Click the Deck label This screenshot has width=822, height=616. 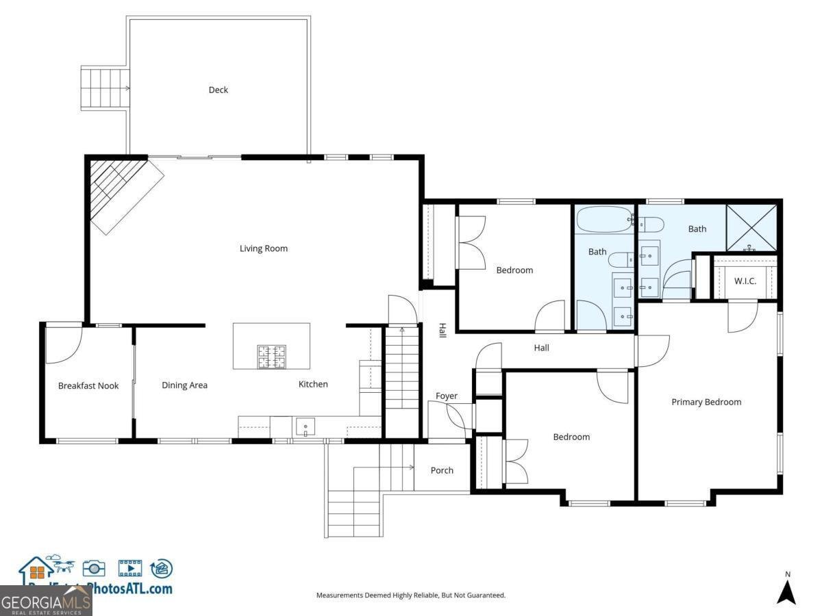click(x=218, y=90)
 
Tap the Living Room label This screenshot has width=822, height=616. click(x=263, y=248)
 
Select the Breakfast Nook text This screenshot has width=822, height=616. click(x=88, y=385)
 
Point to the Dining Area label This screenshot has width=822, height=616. click(x=184, y=385)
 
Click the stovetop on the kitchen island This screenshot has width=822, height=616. click(x=271, y=357)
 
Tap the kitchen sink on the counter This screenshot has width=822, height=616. click(x=305, y=428)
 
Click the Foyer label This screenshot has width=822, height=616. click(x=446, y=396)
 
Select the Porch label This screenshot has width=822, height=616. click(x=442, y=470)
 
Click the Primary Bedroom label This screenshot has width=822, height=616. click(x=706, y=402)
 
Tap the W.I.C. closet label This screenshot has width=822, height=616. click(x=745, y=281)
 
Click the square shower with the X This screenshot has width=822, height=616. click(x=751, y=228)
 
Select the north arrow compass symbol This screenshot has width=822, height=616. click(x=786, y=591)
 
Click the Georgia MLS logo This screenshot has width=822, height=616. click(x=45, y=602)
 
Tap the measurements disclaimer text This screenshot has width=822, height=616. click(x=410, y=595)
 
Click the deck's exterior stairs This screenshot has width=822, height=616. click(x=105, y=88)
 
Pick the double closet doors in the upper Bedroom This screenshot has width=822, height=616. click(x=470, y=242)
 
